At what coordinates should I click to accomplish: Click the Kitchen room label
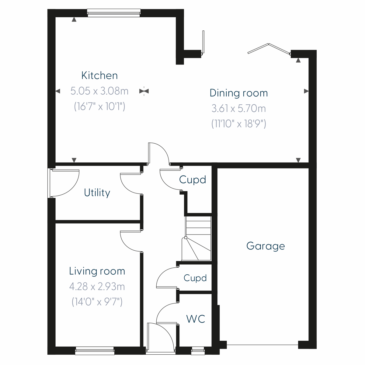99,75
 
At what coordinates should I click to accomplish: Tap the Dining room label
239,93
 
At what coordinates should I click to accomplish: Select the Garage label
266,246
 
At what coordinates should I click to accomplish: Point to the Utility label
97,193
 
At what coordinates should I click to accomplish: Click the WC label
196,319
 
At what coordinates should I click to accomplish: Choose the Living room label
97,271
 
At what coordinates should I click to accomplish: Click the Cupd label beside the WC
195,278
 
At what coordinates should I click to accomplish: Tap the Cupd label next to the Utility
193,180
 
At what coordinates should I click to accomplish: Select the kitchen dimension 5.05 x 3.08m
99,91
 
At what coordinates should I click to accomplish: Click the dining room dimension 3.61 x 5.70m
239,108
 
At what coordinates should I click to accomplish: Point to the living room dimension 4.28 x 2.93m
97,287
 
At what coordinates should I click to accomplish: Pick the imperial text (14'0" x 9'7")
97,302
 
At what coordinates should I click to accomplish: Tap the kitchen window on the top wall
113,12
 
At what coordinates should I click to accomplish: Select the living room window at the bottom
95,351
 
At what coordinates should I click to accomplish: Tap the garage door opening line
262,345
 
